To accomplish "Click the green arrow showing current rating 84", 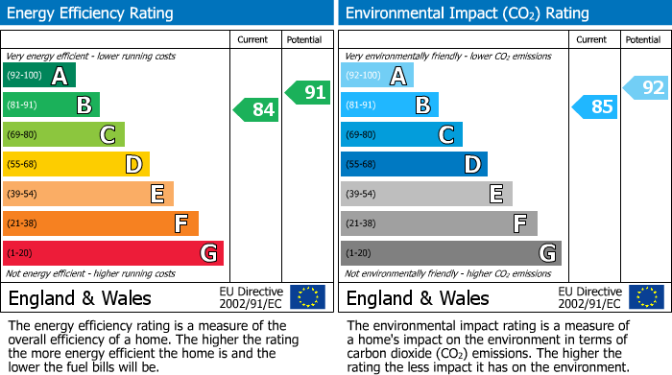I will pyautogui.click(x=256, y=110).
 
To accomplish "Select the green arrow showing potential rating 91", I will pyautogui.click(x=308, y=92).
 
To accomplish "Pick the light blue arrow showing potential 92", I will pyautogui.click(x=646, y=88).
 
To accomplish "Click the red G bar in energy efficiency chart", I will pyautogui.click(x=112, y=253).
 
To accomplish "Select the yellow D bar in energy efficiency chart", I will pyautogui.click(x=76, y=164).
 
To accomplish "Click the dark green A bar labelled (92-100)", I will pyautogui.click(x=38, y=75).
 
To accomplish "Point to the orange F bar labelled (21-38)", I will pyautogui.click(x=100, y=223).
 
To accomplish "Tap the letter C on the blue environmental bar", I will pyautogui.click(x=445, y=134).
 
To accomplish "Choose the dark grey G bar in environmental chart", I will pyautogui.click(x=450, y=253).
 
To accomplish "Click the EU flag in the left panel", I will pyautogui.click(x=307, y=297).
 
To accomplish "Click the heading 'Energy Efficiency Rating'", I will pyautogui.click(x=91, y=13).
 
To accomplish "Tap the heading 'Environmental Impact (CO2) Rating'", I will pyautogui.click(x=467, y=13).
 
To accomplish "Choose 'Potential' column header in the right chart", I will pyautogui.click(x=642, y=39).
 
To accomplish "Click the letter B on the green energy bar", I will pyautogui.click(x=84, y=105).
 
